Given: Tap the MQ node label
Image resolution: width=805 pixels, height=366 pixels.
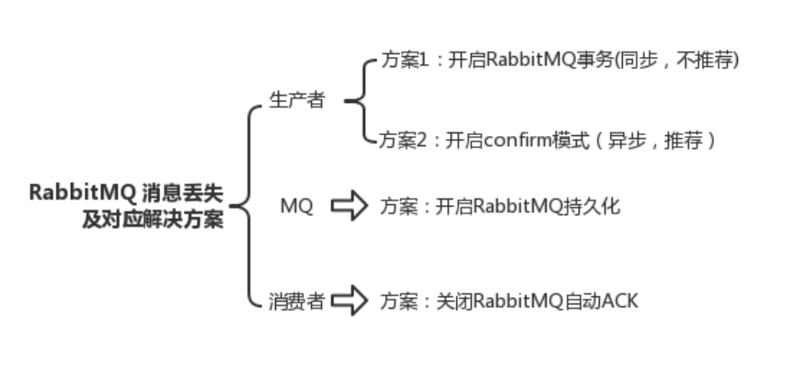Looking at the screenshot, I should click(x=296, y=207).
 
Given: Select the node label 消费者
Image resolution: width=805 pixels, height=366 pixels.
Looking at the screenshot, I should click(x=296, y=302).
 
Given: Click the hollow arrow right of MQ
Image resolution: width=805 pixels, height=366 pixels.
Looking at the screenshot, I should click(x=349, y=206).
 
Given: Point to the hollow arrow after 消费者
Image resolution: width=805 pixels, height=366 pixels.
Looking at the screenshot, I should click(x=349, y=301).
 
